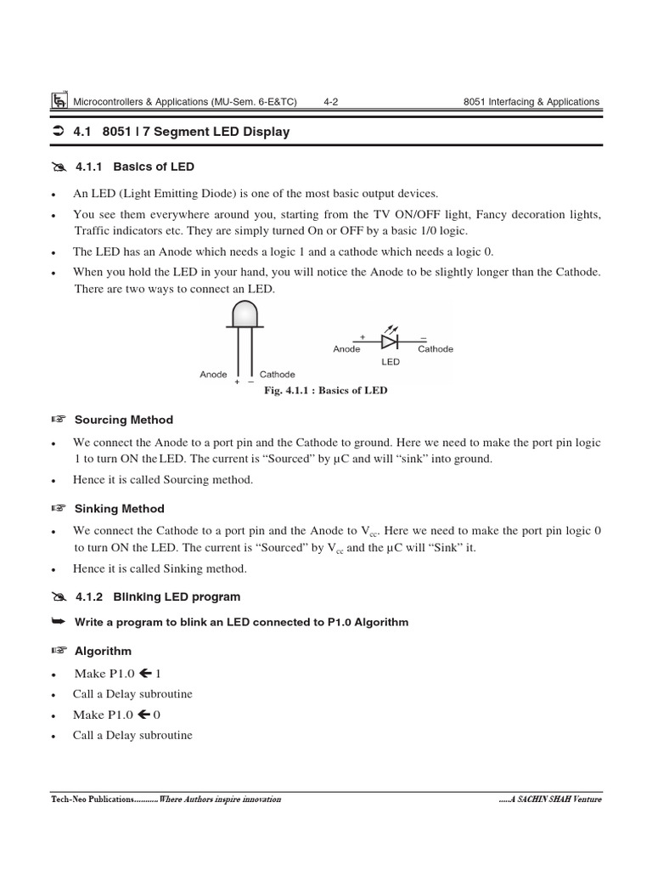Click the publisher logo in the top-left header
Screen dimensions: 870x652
pyautogui.click(x=59, y=101)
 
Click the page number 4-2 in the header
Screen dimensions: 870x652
pyautogui.click(x=331, y=102)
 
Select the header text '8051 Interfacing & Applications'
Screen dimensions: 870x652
pyautogui.click(x=531, y=102)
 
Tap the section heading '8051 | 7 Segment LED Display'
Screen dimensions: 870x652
pyautogui.click(x=195, y=132)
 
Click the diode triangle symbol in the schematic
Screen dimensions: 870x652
pyautogui.click(x=389, y=342)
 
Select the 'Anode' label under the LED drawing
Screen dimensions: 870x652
pyautogui.click(x=213, y=375)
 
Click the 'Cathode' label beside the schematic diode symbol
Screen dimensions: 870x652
pyautogui.click(x=436, y=349)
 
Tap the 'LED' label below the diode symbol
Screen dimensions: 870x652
pyautogui.click(x=390, y=362)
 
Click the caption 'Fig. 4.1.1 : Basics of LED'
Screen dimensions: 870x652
pyautogui.click(x=327, y=391)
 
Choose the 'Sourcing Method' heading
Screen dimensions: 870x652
pyautogui.click(x=123, y=420)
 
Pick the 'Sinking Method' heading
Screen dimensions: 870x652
pyautogui.click(x=119, y=509)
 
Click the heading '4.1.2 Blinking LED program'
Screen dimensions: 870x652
pyautogui.click(x=157, y=597)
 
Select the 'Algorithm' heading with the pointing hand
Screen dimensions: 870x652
pyautogui.click(x=103, y=652)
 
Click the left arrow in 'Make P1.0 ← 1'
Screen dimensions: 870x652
pyautogui.click(x=144, y=674)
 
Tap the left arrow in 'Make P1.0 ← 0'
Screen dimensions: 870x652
pyautogui.click(x=144, y=715)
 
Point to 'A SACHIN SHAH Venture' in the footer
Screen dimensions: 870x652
pyautogui.click(x=553, y=800)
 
